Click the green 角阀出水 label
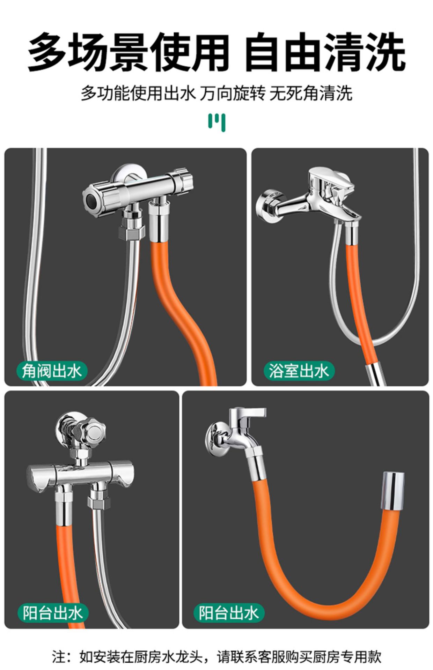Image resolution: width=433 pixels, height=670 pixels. (x=52, y=371)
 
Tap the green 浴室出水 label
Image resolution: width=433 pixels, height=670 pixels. (x=299, y=371)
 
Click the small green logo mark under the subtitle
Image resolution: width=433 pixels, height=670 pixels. (x=217, y=122)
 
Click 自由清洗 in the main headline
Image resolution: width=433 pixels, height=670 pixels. (x=325, y=52)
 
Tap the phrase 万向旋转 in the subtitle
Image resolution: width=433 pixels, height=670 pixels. (x=232, y=93)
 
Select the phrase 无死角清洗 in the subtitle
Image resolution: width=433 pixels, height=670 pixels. (x=311, y=93)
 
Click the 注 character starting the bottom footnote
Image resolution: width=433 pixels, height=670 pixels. (x=59, y=656)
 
